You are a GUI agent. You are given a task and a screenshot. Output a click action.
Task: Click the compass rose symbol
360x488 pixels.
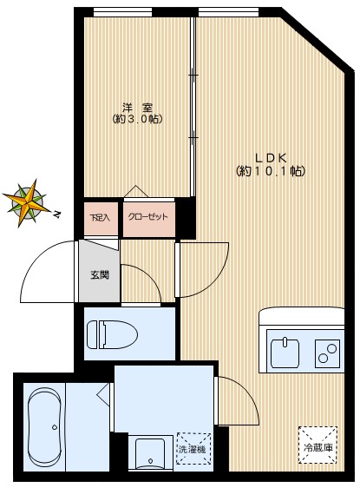tap(28, 202)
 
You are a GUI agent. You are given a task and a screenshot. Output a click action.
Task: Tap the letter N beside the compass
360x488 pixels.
tap(56, 214)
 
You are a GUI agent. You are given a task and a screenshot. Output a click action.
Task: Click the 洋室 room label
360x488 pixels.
tap(137, 108)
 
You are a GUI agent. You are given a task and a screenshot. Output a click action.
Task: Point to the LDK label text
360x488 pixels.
tap(271, 158)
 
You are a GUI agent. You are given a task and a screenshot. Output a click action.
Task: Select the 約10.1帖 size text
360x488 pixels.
tap(271, 171)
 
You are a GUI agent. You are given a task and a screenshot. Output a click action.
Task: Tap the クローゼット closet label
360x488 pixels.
tap(148, 217)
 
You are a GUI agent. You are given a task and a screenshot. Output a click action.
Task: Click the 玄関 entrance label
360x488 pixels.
tap(100, 275)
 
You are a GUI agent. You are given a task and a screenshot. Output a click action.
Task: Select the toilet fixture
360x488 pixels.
tap(112, 335)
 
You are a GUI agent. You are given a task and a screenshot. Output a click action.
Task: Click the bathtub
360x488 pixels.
tap(44, 427)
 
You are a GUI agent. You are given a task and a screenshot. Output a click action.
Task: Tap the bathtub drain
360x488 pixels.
tap(55, 427)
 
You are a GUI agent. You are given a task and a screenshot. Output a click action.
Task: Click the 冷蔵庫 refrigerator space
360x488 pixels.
tap(317, 445)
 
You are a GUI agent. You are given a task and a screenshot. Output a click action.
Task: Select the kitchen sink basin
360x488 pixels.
tap(285, 353)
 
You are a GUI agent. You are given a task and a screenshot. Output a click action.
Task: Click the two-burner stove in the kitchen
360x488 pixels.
tap(328, 353)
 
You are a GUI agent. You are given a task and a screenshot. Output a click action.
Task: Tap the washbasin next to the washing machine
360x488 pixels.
tap(150, 454)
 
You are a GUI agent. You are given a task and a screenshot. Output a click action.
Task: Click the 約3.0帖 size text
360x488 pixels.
tap(137, 119)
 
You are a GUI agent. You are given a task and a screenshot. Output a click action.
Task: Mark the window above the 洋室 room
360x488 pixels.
tap(123, 12)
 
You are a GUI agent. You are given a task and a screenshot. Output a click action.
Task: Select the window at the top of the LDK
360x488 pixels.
tap(228, 12)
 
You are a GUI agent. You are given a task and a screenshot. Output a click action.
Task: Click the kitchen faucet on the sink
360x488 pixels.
tap(285, 342)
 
